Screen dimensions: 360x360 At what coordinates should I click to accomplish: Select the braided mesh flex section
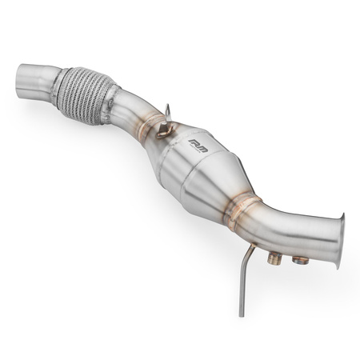pos(83,94)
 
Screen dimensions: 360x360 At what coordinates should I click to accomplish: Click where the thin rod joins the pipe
pos(254,248)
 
